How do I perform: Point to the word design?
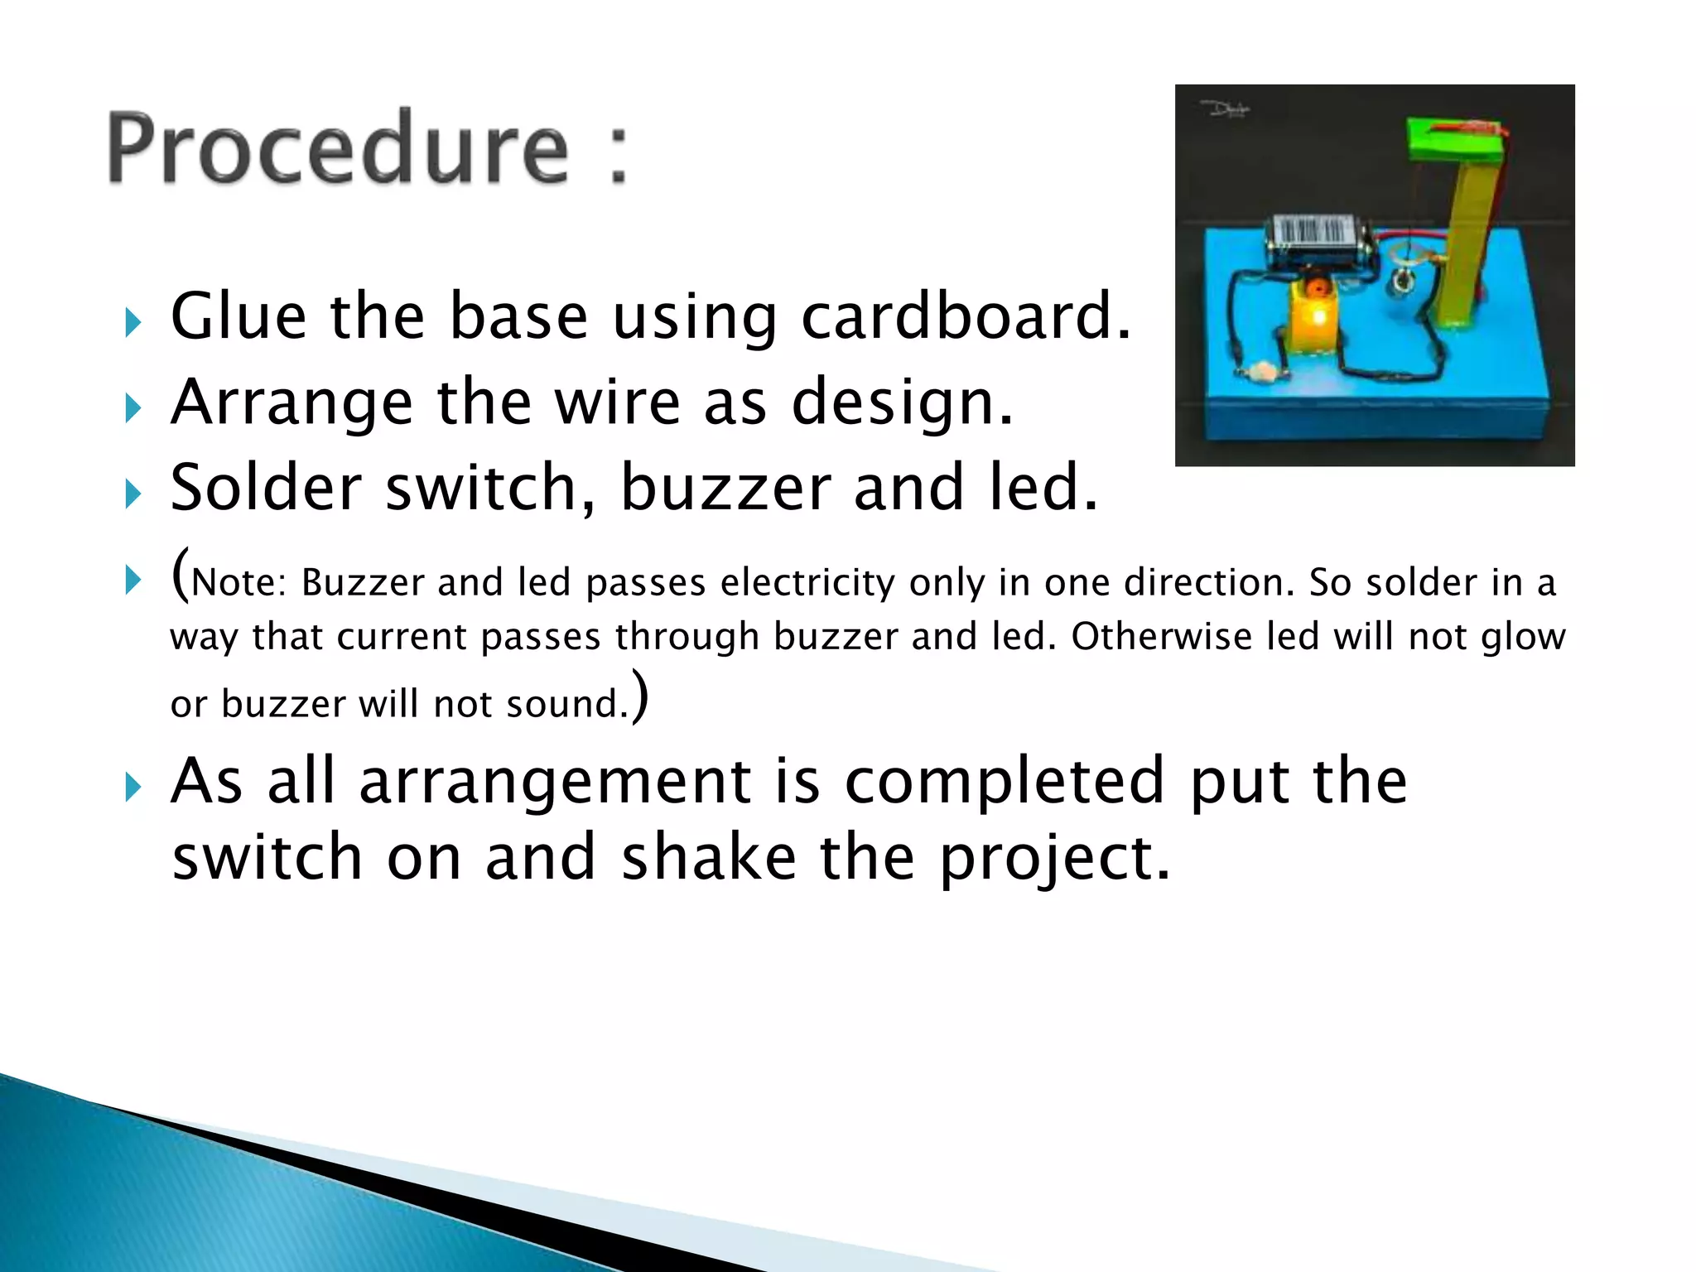click(x=903, y=403)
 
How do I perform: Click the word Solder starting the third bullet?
click(x=265, y=489)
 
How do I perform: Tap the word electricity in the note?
click(x=807, y=583)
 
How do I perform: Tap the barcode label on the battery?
click(x=1312, y=231)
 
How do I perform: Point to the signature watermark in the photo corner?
click(x=1225, y=108)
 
